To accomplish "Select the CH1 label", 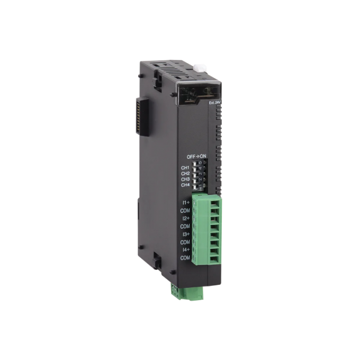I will pos(185,167).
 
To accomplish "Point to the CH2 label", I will pos(185,173).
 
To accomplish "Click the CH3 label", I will pos(185,179).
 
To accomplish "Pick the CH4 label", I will pos(185,185).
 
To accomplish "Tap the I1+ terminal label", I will pos(186,202).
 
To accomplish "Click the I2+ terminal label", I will pos(186,218).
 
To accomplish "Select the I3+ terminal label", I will pos(186,234).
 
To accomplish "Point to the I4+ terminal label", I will pos(186,249).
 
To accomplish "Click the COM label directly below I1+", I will pos(185,210).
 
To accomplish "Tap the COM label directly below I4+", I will pos(185,257).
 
